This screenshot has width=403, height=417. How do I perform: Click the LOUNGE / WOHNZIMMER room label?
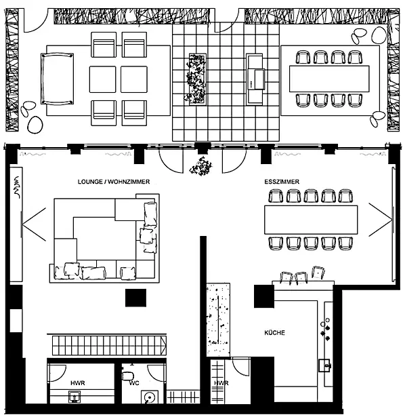114,182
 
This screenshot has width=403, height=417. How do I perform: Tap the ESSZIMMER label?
282,182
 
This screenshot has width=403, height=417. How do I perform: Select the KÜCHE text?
275,333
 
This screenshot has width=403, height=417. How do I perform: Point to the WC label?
134,383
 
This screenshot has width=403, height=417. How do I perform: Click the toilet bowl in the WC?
127,376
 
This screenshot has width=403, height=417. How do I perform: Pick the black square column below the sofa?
135,298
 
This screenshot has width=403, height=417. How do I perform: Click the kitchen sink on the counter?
324,365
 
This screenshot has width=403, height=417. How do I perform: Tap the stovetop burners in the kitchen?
326,330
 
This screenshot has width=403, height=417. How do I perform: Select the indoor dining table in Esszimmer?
311,220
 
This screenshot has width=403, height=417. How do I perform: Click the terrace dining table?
329,79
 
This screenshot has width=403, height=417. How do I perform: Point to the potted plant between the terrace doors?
200,166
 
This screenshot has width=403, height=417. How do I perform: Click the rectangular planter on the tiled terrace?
198,79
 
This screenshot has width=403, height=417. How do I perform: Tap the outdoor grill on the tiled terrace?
255,79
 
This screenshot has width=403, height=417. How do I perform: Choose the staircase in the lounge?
109,345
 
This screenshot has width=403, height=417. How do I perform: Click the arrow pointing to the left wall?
35,224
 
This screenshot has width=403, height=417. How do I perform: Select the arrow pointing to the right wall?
381,220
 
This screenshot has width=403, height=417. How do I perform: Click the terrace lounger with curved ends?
57,79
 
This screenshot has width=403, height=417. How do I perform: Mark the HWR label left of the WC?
78,383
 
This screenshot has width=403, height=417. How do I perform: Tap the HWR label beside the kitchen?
221,383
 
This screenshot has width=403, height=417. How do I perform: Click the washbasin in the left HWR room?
75,396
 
